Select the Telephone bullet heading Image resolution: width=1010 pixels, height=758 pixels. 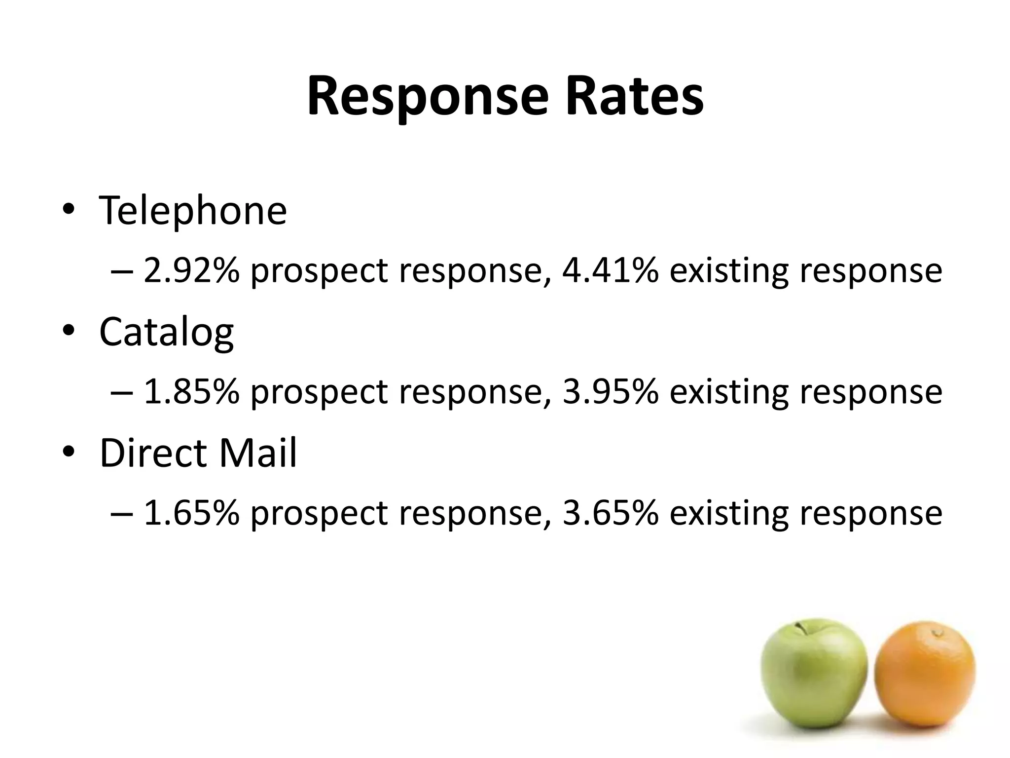193,211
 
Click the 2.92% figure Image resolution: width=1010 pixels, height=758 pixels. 191,271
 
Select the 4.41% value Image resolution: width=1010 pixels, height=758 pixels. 610,271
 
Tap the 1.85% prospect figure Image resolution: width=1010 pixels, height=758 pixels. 191,391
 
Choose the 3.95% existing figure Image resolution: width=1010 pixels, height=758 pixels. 610,391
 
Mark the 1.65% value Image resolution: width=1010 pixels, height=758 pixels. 191,513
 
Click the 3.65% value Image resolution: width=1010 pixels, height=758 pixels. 610,513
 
